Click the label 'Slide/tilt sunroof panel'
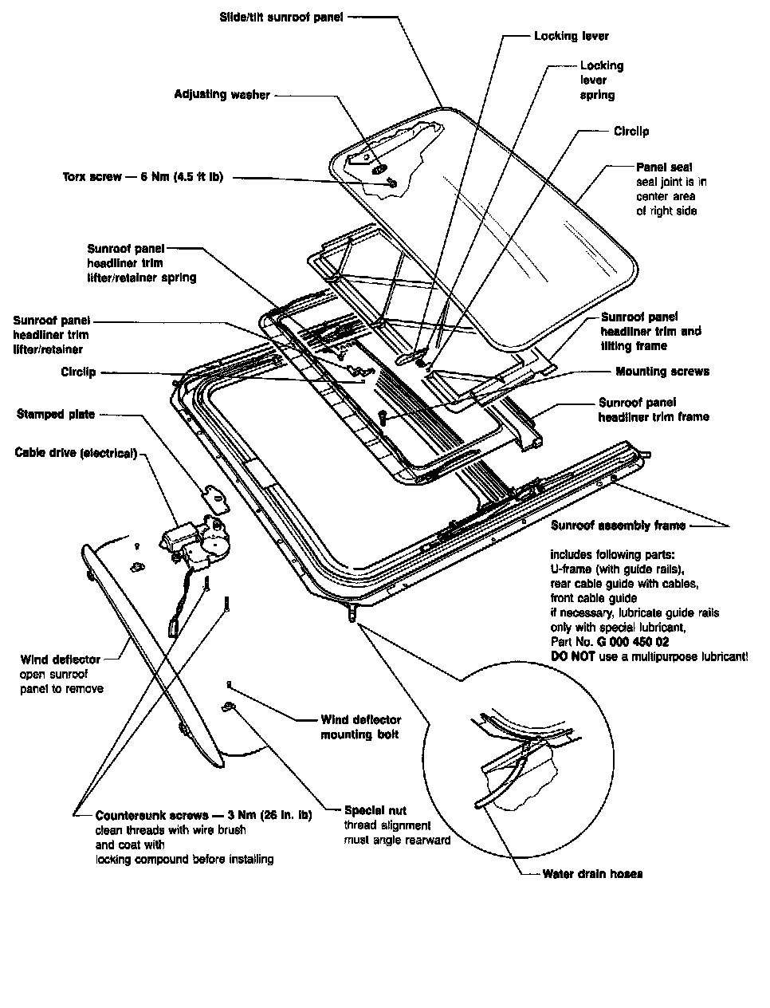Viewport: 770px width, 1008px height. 281,17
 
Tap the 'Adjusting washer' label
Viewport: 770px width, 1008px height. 222,94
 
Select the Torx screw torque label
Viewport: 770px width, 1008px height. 142,177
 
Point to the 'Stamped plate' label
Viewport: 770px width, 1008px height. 55,414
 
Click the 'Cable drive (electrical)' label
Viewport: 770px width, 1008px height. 76,453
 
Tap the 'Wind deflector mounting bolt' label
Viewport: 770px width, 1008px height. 360,726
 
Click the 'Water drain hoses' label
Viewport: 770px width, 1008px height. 592,873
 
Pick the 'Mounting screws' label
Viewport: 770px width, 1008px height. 662,372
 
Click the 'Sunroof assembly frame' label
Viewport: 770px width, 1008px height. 618,526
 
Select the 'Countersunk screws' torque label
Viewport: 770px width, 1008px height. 203,816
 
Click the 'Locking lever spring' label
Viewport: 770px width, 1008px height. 601,80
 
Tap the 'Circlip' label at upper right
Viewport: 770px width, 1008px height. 631,131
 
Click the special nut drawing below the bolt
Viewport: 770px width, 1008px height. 227,706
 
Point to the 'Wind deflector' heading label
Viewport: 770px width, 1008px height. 60,660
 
